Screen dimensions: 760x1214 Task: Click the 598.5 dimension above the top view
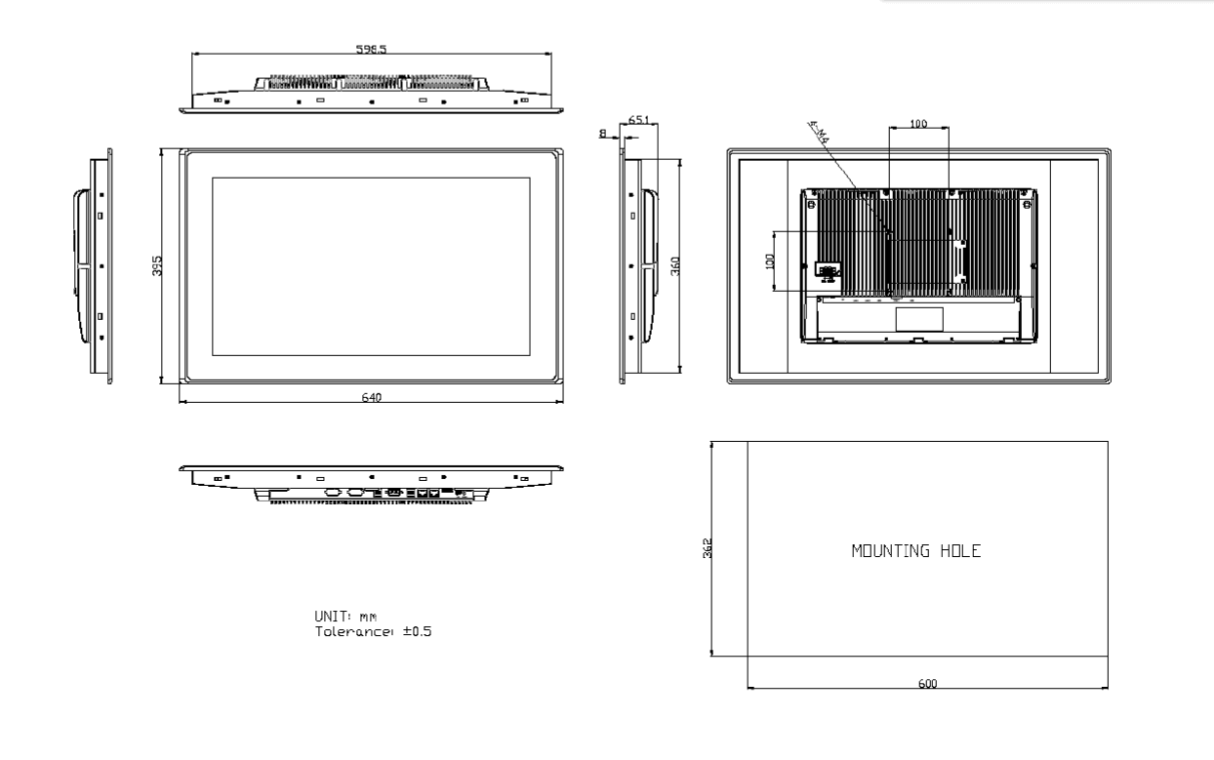coord(371,48)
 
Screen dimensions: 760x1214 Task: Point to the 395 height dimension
coord(157,265)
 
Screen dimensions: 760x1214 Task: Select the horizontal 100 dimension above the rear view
coord(918,124)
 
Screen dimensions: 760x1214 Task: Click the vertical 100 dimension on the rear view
coord(769,260)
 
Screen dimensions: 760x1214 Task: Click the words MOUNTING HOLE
coord(915,551)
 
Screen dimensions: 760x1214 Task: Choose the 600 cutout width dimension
coord(927,684)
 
